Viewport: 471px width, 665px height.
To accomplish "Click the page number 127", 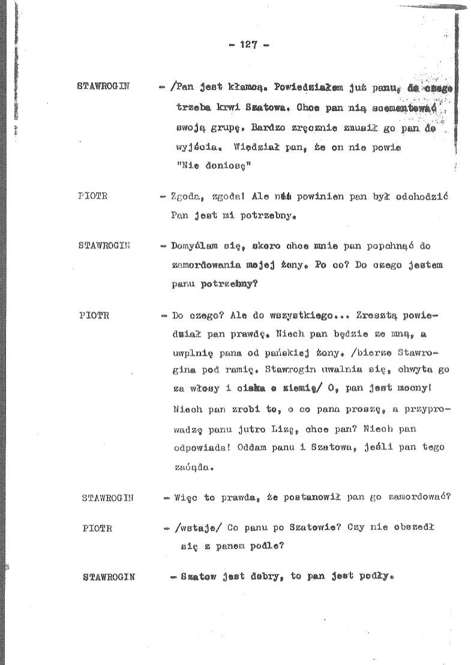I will click(248, 44).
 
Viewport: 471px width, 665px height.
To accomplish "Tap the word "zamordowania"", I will click(206, 265).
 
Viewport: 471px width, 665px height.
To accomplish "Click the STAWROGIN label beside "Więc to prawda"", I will click(107, 498).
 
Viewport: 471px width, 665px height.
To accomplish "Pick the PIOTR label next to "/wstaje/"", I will click(98, 528).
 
